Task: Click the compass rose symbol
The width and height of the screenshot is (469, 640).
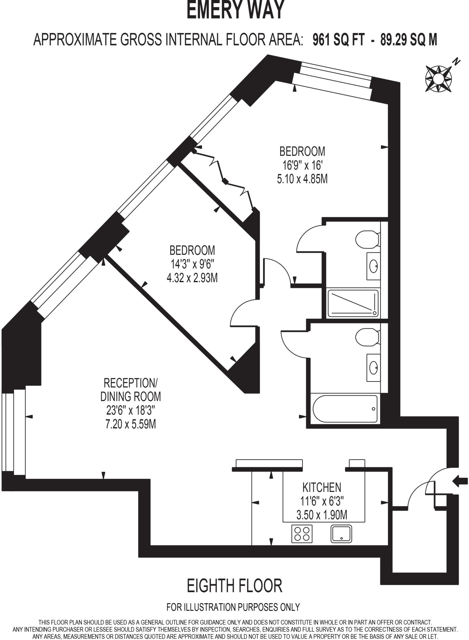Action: click(x=438, y=79)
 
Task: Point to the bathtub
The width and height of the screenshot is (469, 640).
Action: click(x=345, y=409)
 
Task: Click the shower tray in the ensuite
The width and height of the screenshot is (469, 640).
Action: click(x=353, y=303)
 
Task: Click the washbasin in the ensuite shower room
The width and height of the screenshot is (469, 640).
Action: click(x=374, y=266)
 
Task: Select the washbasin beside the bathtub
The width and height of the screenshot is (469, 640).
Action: click(x=374, y=368)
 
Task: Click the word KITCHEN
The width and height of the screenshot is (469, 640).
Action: click(x=322, y=487)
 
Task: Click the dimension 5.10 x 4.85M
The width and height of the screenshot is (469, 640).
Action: click(x=302, y=179)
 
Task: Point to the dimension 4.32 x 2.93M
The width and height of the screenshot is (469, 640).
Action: click(x=192, y=278)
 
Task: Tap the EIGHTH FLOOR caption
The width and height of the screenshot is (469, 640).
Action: click(x=235, y=586)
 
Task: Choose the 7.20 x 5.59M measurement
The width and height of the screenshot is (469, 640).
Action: click(x=131, y=424)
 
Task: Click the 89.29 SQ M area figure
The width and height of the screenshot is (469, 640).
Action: click(x=409, y=40)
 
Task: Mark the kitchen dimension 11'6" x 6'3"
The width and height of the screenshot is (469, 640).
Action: click(x=322, y=501)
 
